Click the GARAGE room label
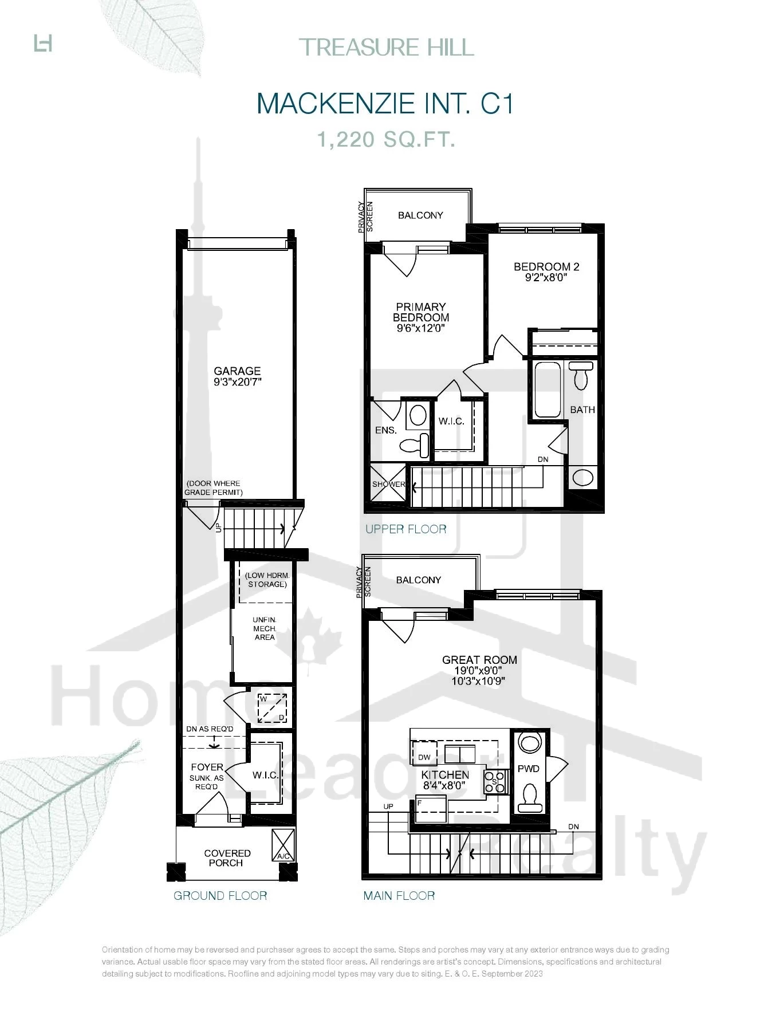[x=237, y=371]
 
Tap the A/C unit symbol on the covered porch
[x=283, y=845]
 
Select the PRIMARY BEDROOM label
[x=421, y=312]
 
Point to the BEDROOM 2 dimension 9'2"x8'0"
[x=546, y=278]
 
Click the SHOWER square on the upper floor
[x=388, y=483]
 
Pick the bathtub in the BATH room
[x=547, y=389]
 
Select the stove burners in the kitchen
[x=496, y=782]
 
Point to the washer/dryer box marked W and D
[x=272, y=708]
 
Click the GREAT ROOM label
[x=479, y=660]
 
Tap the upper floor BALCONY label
[x=420, y=215]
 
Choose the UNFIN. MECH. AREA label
[x=265, y=628]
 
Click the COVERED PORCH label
[x=227, y=858]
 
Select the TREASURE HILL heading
[x=387, y=47]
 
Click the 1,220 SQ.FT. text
[x=387, y=139]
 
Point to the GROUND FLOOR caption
[x=220, y=896]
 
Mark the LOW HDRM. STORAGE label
[x=267, y=580]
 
